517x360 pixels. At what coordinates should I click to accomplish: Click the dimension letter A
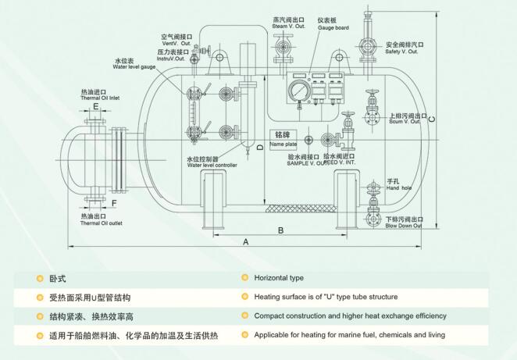pos(246,242)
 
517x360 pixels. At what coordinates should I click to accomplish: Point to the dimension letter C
pos(432,118)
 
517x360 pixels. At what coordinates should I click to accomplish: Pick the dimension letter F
pos(114,204)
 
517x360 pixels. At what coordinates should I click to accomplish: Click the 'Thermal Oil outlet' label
pos(101,223)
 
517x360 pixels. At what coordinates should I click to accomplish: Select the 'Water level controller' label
pos(212,165)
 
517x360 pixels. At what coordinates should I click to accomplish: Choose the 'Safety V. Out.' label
pos(401,52)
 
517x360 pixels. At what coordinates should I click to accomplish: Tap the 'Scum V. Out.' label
pos(405,122)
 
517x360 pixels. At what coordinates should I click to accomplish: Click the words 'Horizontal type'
pos(279,278)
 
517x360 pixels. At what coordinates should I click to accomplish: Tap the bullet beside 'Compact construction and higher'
pos(244,316)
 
